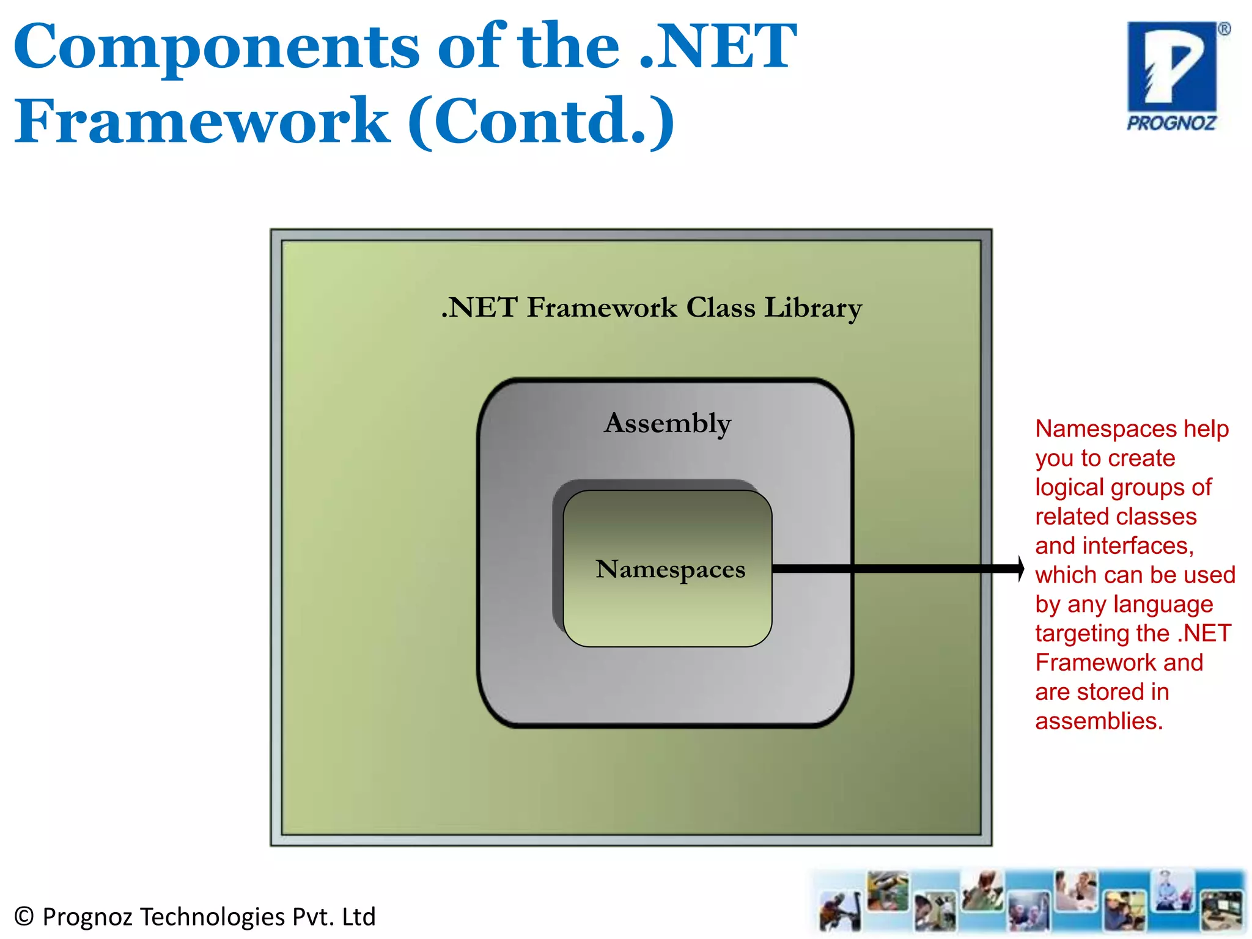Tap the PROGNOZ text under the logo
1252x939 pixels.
(1171, 123)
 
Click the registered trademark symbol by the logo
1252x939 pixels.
(1224, 29)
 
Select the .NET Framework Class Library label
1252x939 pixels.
(652, 307)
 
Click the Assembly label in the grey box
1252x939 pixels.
(668, 423)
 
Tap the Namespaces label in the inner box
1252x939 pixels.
(671, 569)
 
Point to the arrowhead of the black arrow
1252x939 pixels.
(1020, 569)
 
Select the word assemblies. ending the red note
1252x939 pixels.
(1099, 721)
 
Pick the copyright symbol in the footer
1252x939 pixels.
(23, 916)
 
